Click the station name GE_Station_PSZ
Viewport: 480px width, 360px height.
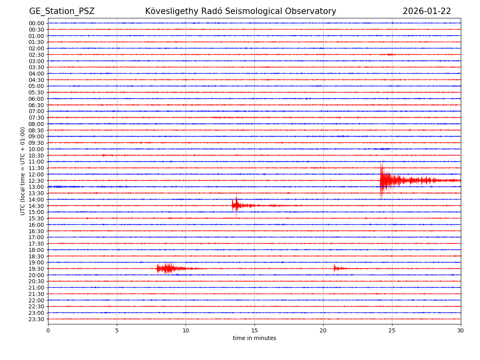(x=62, y=11)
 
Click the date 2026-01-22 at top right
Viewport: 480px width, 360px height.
(x=426, y=11)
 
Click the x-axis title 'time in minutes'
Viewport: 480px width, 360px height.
(x=254, y=338)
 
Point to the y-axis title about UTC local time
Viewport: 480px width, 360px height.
(x=23, y=171)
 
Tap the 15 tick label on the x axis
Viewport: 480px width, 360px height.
(x=254, y=331)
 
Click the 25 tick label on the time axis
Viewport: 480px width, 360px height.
(x=392, y=331)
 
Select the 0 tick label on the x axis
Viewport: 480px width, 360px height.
(x=48, y=331)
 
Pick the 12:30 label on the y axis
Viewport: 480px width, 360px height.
(x=36, y=181)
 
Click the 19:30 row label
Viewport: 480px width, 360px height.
(x=36, y=269)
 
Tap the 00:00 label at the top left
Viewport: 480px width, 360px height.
(x=36, y=23)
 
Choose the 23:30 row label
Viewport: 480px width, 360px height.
(x=36, y=319)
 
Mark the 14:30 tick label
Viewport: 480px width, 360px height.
(x=36, y=206)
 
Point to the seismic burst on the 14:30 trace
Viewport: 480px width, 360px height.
(x=236, y=206)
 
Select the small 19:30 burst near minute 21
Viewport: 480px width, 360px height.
(x=335, y=268)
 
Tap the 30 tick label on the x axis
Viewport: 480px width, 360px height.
(x=461, y=331)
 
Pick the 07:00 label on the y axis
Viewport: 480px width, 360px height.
(x=36, y=111)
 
